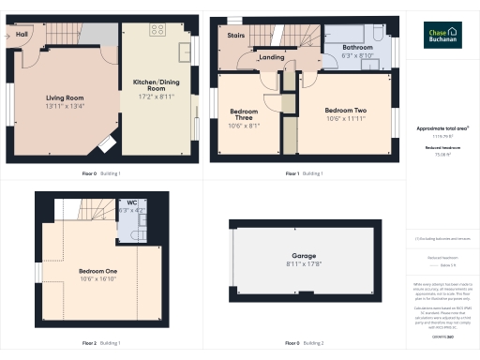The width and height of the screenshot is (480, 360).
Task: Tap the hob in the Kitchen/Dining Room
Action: tap(157, 28)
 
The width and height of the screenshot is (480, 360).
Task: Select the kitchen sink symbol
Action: tap(187, 47)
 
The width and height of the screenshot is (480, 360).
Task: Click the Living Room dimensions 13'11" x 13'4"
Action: tap(66, 106)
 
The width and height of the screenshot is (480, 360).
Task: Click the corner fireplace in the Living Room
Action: tap(106, 142)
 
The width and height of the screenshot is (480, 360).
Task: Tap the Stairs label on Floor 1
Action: tap(236, 37)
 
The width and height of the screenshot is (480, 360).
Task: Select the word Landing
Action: tap(272, 58)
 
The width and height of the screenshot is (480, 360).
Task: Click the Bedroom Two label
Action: tap(346, 110)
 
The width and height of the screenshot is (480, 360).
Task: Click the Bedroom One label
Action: tap(98, 271)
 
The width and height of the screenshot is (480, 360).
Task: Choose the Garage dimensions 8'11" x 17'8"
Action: tap(304, 264)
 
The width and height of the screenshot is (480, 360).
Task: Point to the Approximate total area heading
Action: tap(442, 127)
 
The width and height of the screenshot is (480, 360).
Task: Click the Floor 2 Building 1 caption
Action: tap(101, 343)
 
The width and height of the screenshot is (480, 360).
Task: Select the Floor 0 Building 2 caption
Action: tap(304, 343)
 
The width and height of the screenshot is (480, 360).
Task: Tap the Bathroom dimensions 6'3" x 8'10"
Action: tap(357, 55)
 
